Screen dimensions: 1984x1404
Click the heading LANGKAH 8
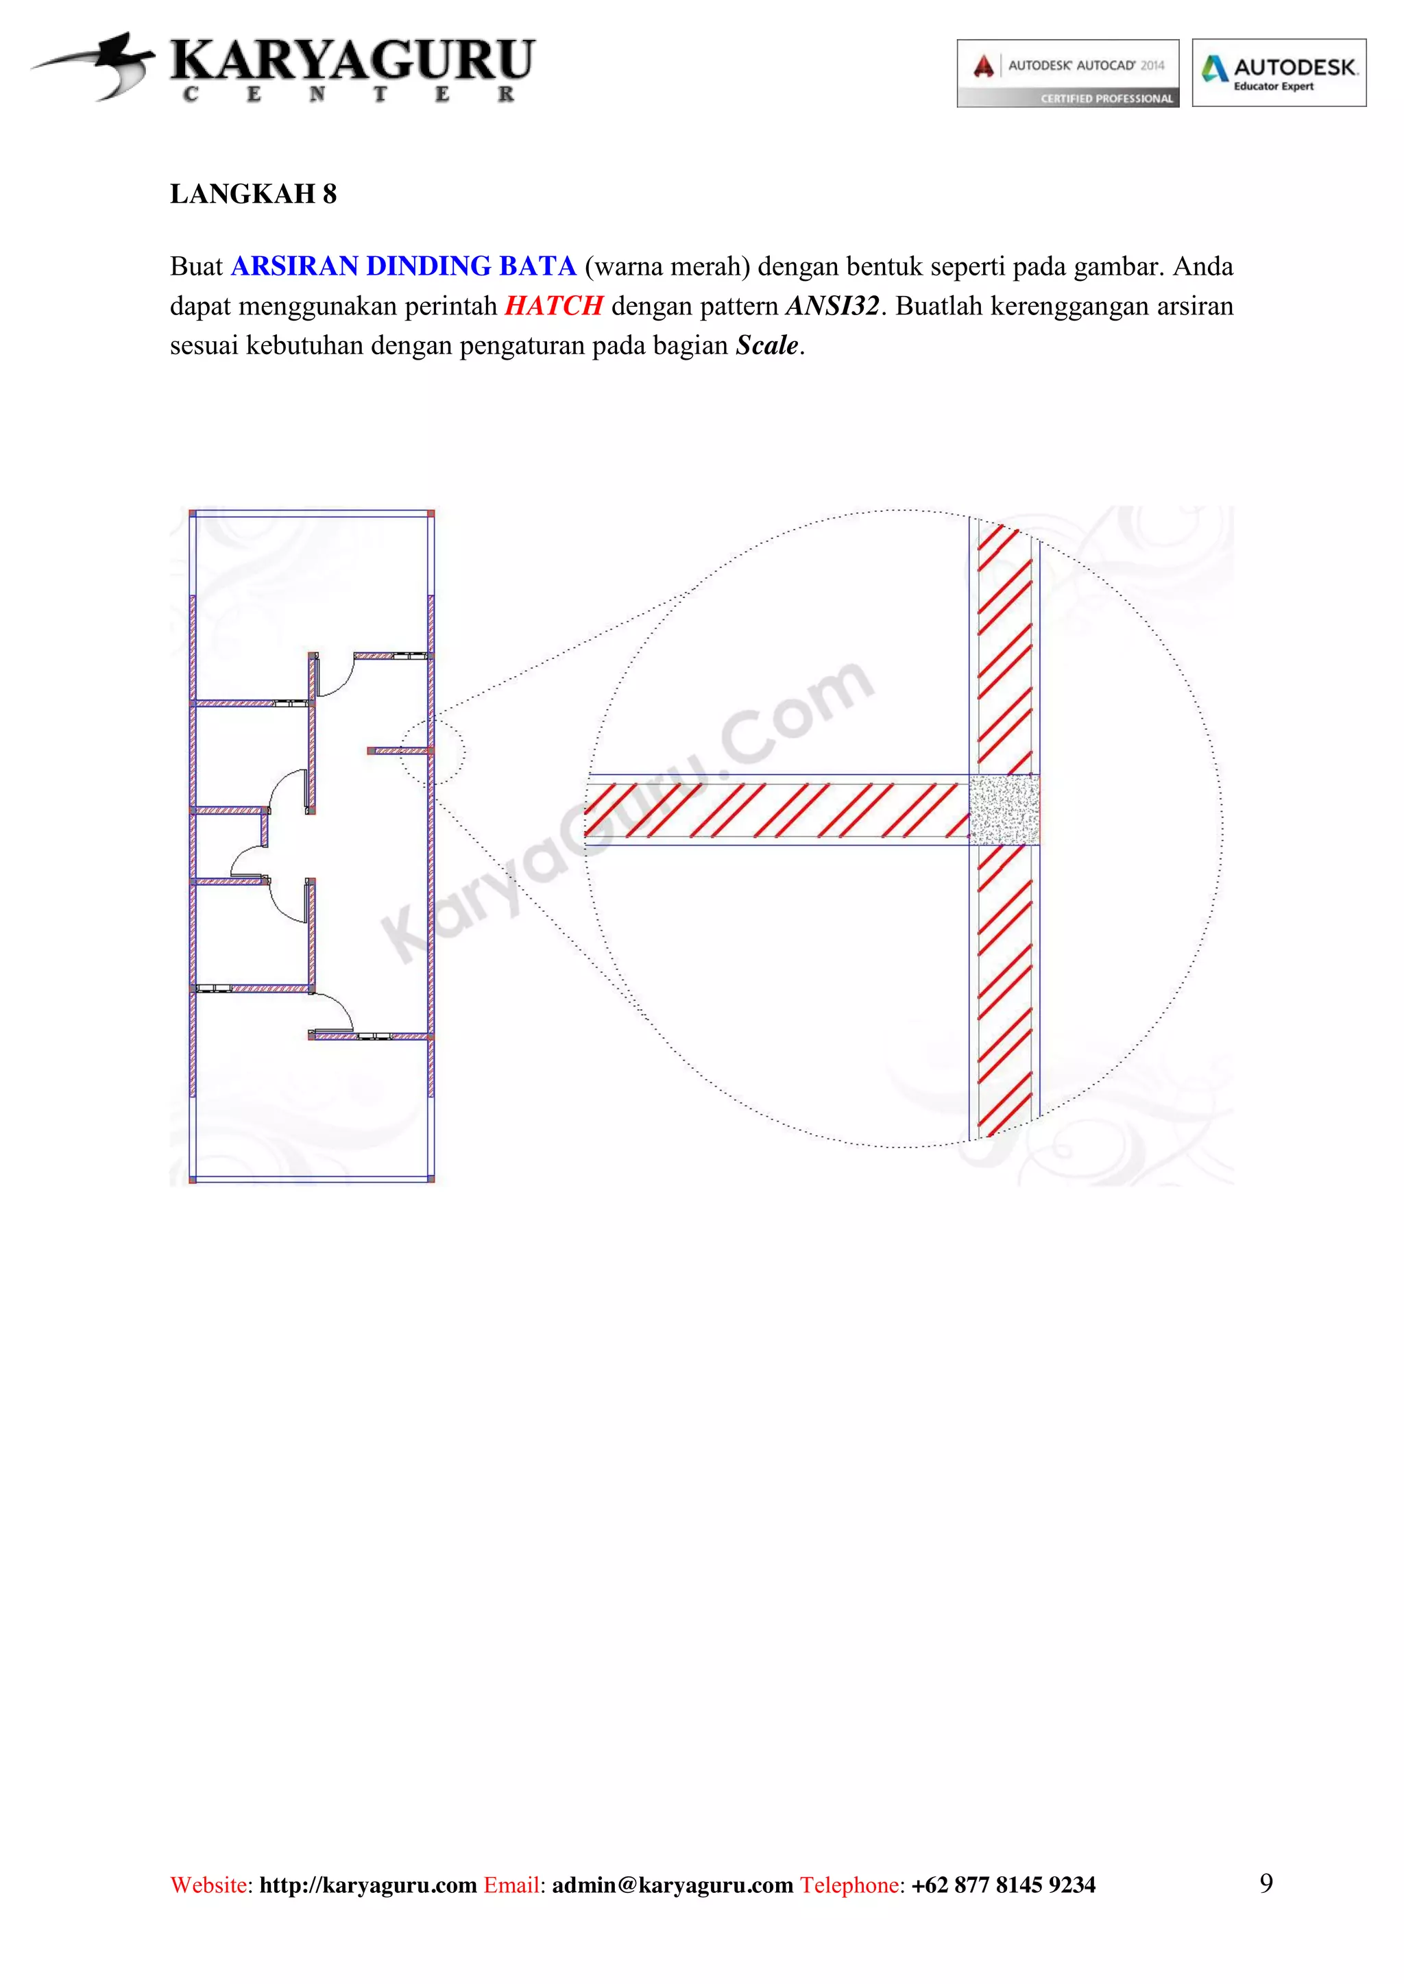(253, 195)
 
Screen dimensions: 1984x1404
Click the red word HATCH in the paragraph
(553, 306)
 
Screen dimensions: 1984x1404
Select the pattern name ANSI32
(832, 306)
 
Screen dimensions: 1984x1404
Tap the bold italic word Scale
(767, 346)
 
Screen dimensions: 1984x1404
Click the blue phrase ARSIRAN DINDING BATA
(403, 266)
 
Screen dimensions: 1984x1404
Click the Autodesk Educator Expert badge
(1279, 73)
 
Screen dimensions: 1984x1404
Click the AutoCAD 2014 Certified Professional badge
(1067, 73)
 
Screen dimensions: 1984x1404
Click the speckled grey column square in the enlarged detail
(1004, 810)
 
